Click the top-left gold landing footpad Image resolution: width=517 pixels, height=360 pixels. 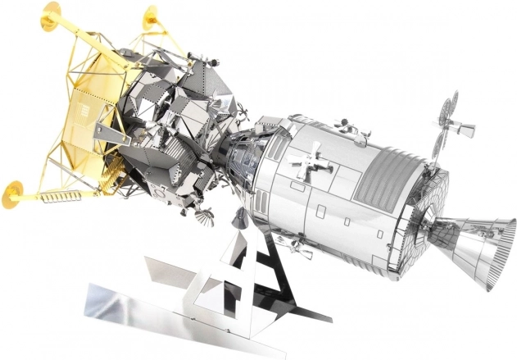pos(51,11)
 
